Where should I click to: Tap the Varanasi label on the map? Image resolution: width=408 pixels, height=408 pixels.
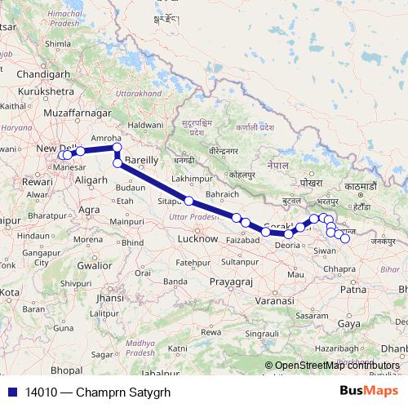pyautogui.click(x=273, y=300)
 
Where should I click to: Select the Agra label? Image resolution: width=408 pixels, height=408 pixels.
pyautogui.click(x=92, y=209)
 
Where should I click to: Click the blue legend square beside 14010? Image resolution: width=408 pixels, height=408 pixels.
pyautogui.click(x=10, y=392)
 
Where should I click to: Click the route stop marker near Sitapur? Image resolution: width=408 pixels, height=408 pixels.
pyautogui.click(x=188, y=201)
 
